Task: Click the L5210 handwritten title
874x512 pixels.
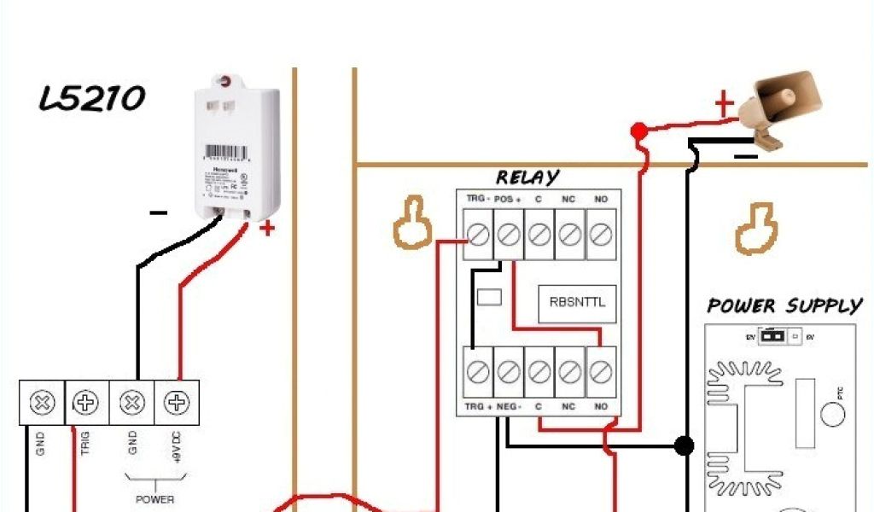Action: click(x=92, y=99)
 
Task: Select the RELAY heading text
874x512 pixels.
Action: click(x=527, y=177)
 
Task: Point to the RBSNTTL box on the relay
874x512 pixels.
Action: click(x=577, y=302)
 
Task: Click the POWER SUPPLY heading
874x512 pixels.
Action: click(x=784, y=305)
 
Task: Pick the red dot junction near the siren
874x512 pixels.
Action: click(x=638, y=131)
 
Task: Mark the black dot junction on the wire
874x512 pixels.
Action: click(x=683, y=445)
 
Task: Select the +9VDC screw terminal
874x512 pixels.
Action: click(x=177, y=402)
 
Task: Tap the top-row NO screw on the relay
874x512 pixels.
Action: click(x=601, y=235)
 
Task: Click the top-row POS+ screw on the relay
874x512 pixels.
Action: click(x=509, y=235)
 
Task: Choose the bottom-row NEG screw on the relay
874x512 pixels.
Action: click(x=509, y=371)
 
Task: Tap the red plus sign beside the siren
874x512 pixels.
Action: click(x=723, y=105)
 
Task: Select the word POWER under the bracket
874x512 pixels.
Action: click(x=154, y=499)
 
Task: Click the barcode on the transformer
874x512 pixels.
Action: click(x=224, y=150)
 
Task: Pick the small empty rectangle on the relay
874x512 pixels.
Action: click(x=489, y=297)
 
